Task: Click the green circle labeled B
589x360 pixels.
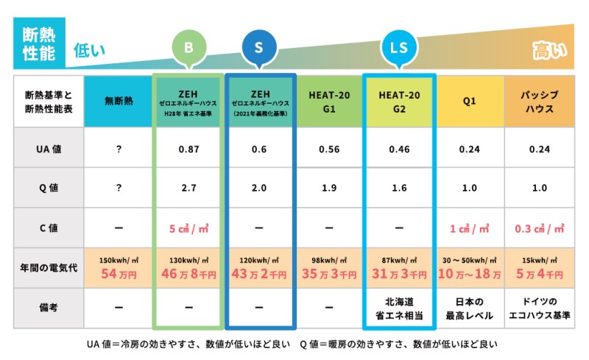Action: tap(188, 49)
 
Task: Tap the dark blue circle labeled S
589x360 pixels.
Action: tap(259, 49)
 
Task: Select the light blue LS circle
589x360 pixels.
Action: tap(399, 49)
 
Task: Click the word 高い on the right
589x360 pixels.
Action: tap(549, 51)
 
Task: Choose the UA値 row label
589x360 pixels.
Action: tap(48, 149)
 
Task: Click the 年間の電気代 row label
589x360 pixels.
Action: tap(48, 267)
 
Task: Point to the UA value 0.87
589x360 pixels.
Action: tap(189, 149)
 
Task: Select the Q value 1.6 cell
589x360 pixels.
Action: tap(399, 188)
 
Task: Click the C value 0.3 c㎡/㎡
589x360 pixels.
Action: tap(539, 228)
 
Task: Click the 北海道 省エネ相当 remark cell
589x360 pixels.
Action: tap(399, 308)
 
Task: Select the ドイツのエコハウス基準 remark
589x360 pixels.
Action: tap(539, 308)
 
